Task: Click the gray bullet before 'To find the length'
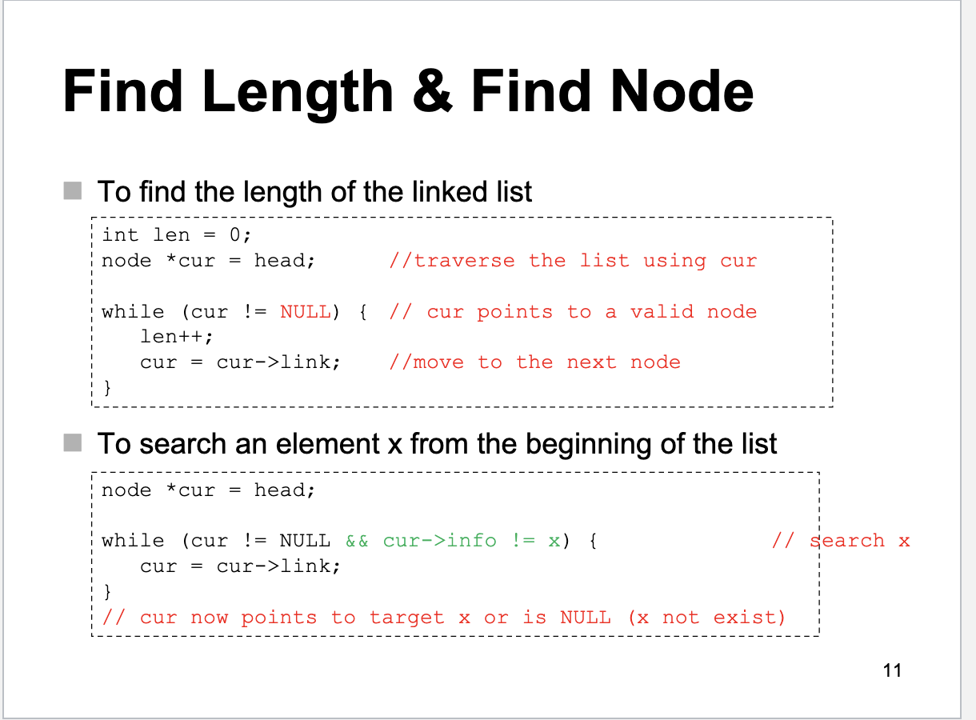[x=73, y=191]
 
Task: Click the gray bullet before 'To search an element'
[x=73, y=442]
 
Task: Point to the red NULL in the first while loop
[x=305, y=312]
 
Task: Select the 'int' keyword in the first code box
[x=120, y=234]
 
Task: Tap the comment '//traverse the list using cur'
[x=572, y=261]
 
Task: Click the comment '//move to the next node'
[x=534, y=362]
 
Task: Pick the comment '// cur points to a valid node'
[x=572, y=312]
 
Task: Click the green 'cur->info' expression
[x=439, y=541]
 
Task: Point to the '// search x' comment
[x=841, y=541]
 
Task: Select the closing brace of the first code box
[x=107, y=388]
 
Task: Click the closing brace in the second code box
[x=107, y=592]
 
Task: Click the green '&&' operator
[x=357, y=541]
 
